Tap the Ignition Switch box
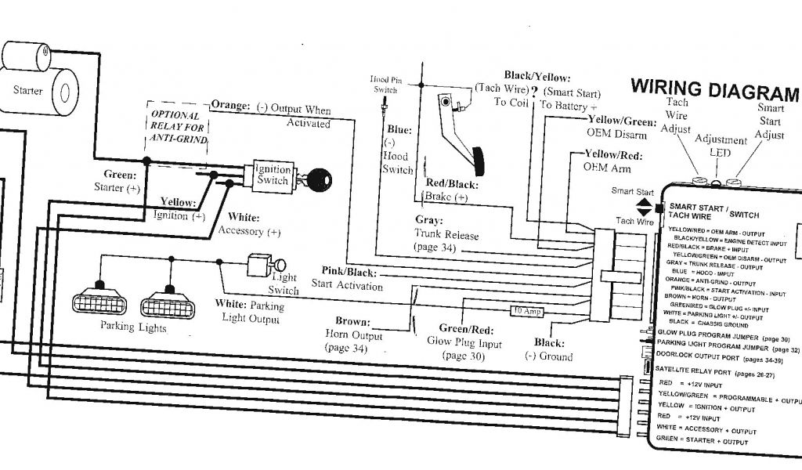tap(273, 175)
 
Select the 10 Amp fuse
tap(527, 312)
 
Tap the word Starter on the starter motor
tap(28, 91)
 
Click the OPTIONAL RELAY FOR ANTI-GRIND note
tap(179, 127)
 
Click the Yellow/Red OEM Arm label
tap(613, 161)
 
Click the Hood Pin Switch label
tap(384, 84)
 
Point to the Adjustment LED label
tap(721, 146)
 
